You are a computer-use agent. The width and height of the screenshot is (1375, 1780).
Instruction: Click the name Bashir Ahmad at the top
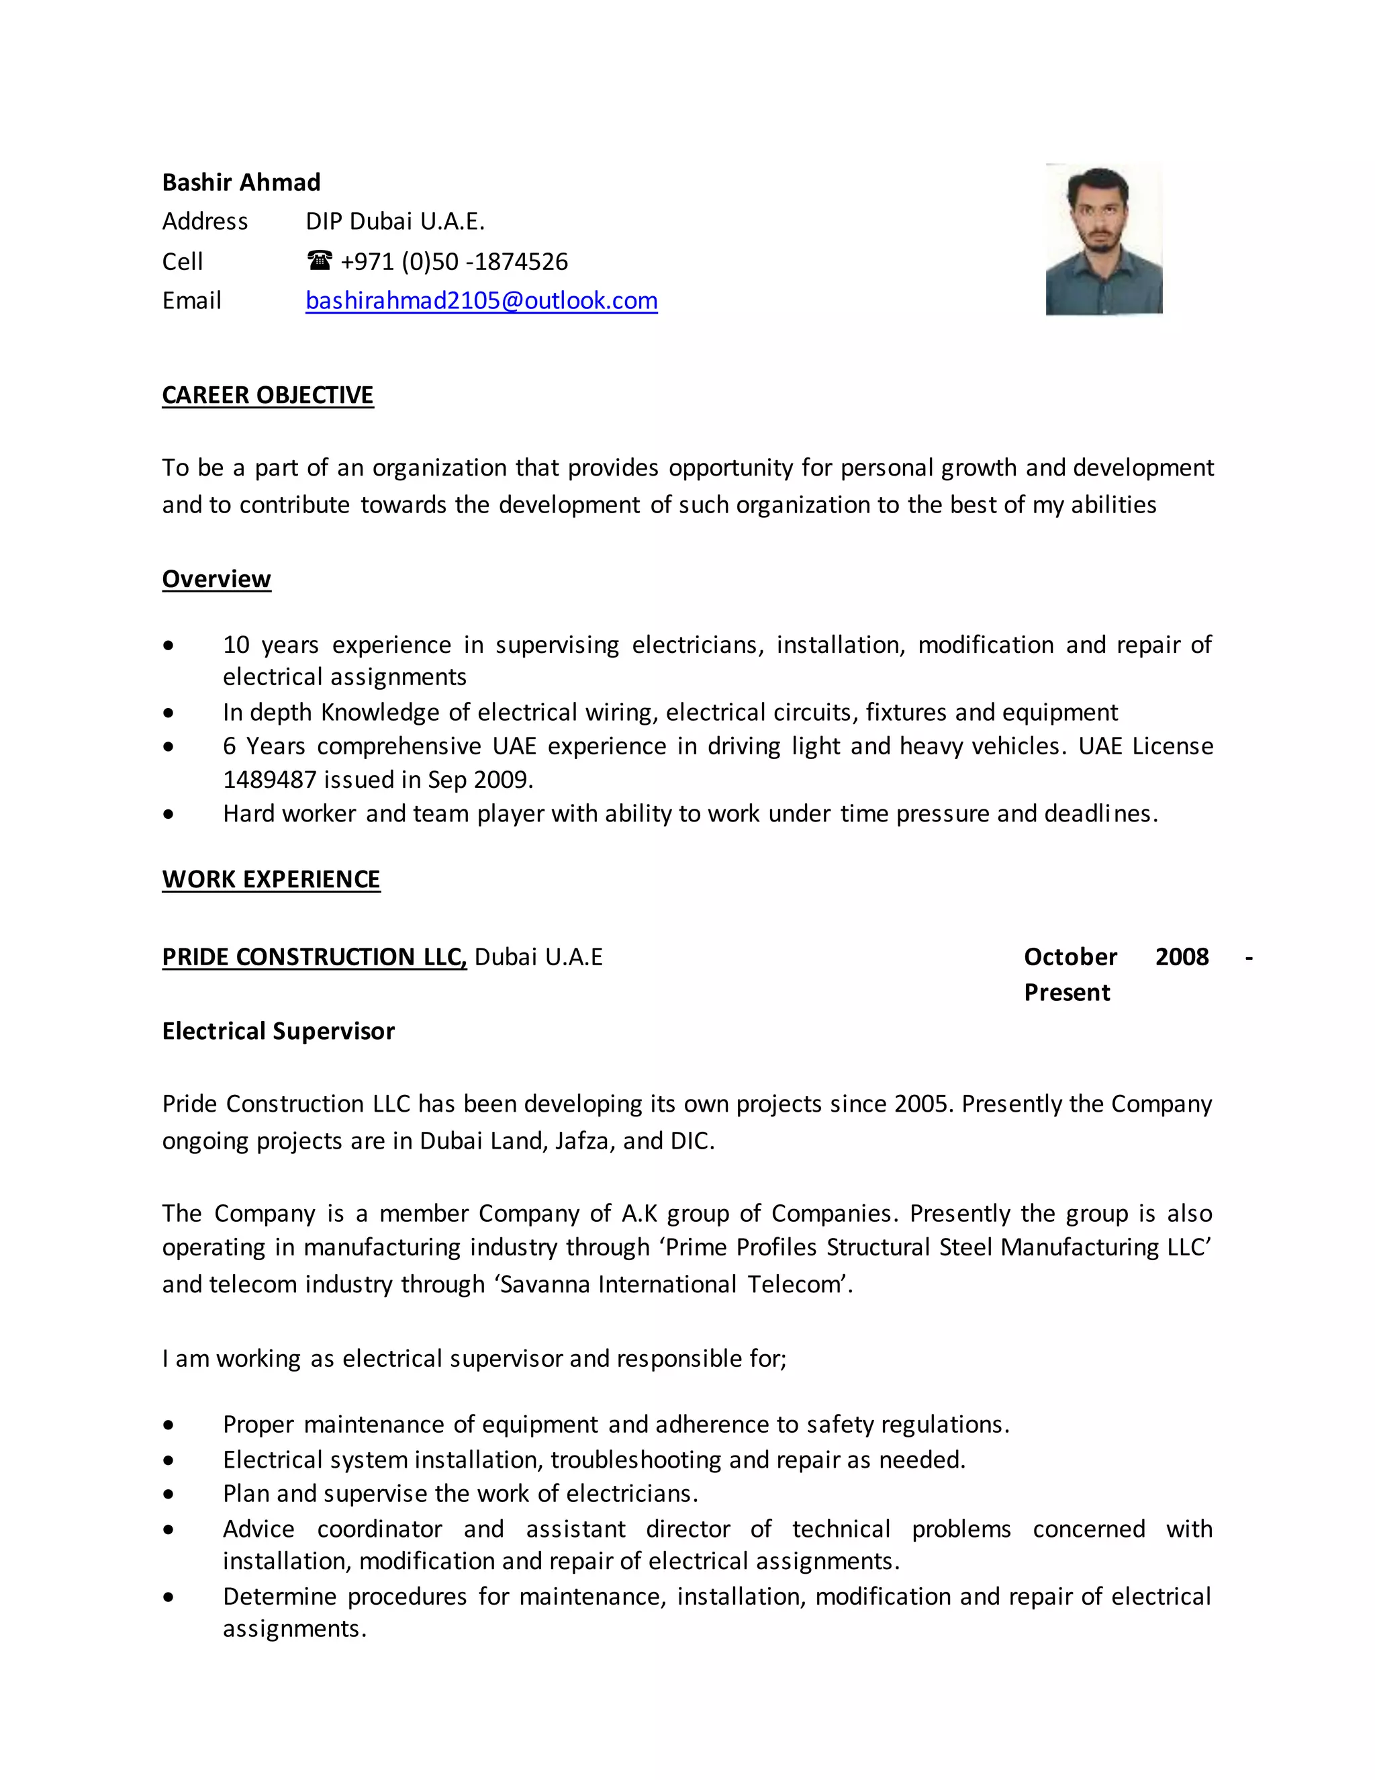pyautogui.click(x=241, y=182)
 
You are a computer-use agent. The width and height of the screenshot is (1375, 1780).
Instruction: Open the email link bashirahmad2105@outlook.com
pyautogui.click(x=481, y=301)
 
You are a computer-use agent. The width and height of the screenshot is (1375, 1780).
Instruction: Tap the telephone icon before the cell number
pyautogui.click(x=320, y=261)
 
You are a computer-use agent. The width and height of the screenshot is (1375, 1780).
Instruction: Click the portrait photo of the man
pyautogui.click(x=1104, y=239)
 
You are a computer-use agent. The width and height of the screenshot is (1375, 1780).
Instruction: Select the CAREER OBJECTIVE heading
pyautogui.click(x=267, y=394)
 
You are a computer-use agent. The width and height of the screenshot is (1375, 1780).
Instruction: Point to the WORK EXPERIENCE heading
pyautogui.click(x=271, y=879)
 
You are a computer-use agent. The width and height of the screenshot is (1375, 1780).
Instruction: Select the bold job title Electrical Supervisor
pyautogui.click(x=278, y=1031)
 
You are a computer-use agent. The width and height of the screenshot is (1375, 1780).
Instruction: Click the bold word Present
pyautogui.click(x=1066, y=992)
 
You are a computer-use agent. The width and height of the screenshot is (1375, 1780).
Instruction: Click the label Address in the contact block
pyautogui.click(x=205, y=221)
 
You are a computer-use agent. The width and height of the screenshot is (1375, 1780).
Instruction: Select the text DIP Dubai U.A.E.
pyautogui.click(x=395, y=221)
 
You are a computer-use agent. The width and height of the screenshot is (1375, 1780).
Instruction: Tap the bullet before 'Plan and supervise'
pyautogui.click(x=168, y=1494)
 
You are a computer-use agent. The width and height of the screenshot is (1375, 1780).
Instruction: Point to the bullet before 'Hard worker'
pyautogui.click(x=168, y=813)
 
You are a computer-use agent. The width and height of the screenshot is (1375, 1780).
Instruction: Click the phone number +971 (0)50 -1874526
pyautogui.click(x=454, y=261)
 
